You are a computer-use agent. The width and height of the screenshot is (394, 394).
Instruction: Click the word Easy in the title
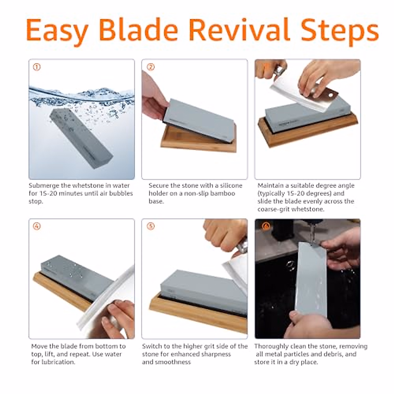pos(57,30)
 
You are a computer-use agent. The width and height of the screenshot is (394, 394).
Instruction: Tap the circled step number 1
pos(37,67)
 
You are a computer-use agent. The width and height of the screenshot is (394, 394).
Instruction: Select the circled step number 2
pos(150,67)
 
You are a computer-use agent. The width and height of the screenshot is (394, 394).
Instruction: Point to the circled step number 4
pos(37,226)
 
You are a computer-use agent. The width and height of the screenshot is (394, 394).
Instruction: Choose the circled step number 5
pos(150,226)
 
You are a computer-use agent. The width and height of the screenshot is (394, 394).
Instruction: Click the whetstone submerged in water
pos(80,138)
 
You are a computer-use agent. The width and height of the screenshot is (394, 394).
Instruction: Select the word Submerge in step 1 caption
pos(44,186)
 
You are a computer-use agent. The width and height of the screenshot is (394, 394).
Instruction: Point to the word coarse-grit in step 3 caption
pos(274,209)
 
